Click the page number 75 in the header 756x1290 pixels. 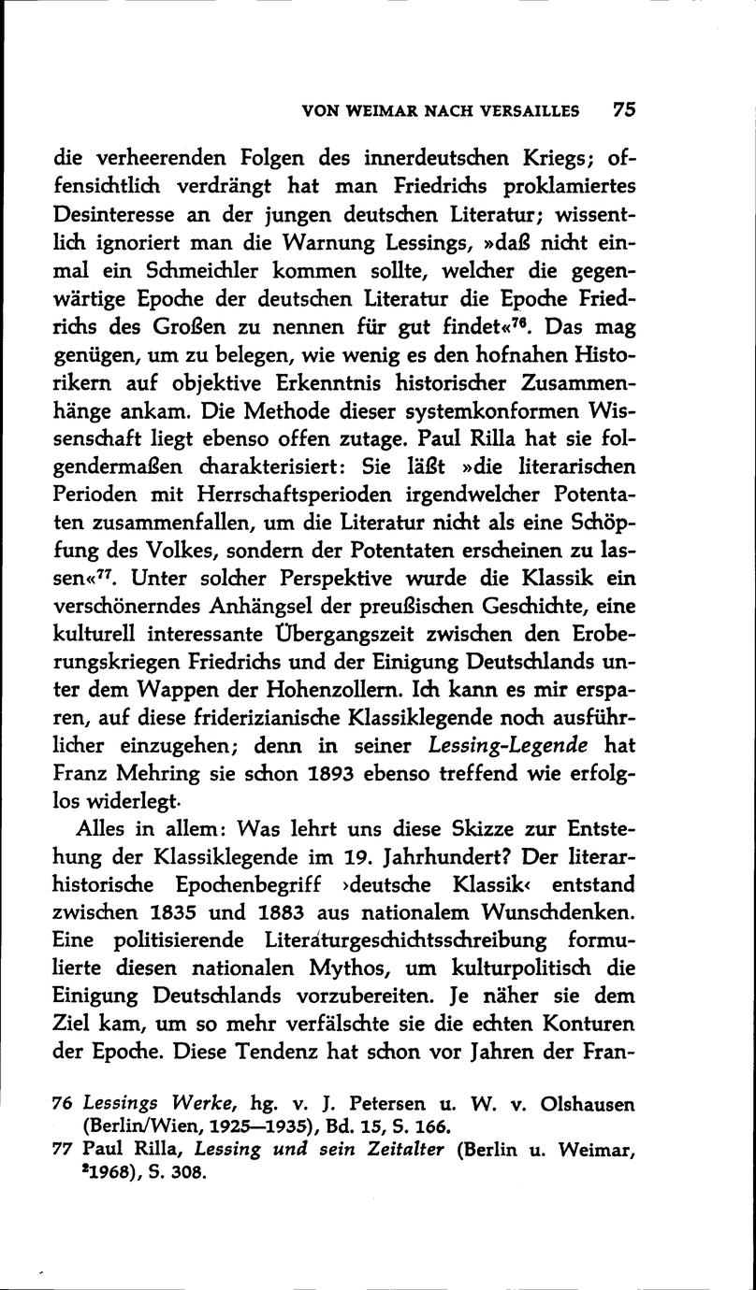tap(624, 108)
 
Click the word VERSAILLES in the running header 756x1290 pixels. tap(526, 110)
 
